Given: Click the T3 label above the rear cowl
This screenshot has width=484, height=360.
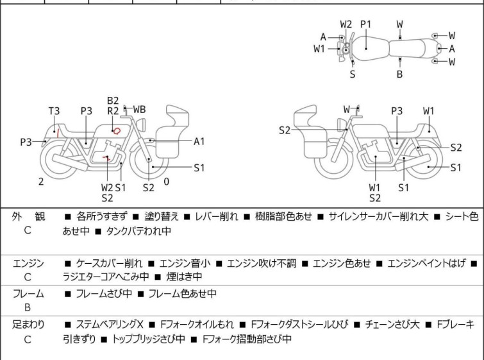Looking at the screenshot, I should click(54, 111).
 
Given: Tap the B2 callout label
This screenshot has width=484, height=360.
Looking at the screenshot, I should click(113, 101).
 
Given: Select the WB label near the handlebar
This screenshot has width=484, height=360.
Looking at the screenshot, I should click(139, 110).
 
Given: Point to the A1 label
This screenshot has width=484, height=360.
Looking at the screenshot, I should click(199, 141).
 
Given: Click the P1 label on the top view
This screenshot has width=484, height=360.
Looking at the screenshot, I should click(365, 24).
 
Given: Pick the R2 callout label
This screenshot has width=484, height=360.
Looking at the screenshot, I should click(113, 111).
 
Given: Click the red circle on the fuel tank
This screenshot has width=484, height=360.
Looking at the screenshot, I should click(116, 130).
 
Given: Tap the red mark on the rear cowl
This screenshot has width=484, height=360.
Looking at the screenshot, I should click(59, 133).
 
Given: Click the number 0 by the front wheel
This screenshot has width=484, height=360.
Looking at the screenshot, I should click(167, 182).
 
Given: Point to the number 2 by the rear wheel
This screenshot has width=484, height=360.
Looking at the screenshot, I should click(41, 182).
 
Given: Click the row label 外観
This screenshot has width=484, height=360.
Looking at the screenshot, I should click(28, 217).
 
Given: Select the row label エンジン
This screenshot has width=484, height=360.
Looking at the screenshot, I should click(28, 263).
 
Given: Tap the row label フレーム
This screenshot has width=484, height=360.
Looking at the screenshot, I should click(28, 294).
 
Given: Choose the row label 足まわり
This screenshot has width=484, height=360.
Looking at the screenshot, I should click(28, 325).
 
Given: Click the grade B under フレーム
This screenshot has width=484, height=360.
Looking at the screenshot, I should click(28, 307).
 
